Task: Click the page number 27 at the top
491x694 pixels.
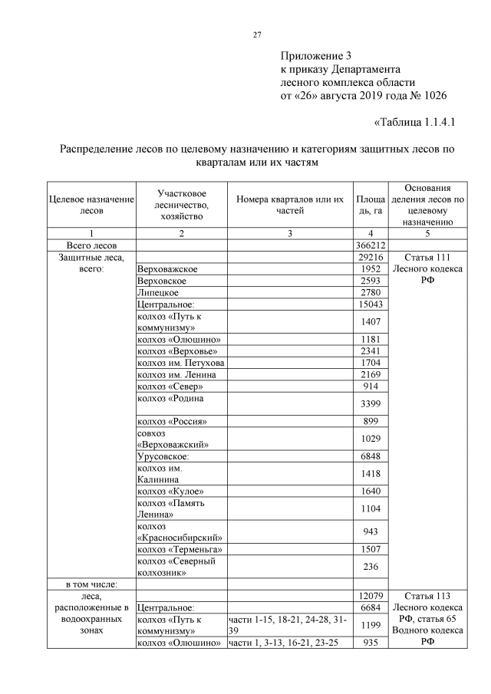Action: point(258,35)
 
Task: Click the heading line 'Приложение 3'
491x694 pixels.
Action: point(315,56)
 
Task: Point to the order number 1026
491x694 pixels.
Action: point(432,96)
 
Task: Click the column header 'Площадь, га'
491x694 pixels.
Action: point(371,205)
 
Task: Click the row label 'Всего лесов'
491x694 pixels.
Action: point(91,245)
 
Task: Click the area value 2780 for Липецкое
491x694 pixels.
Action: point(371,292)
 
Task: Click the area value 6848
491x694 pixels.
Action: point(371,456)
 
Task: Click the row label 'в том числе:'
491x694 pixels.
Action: point(91,584)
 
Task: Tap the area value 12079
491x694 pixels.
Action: point(371,596)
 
